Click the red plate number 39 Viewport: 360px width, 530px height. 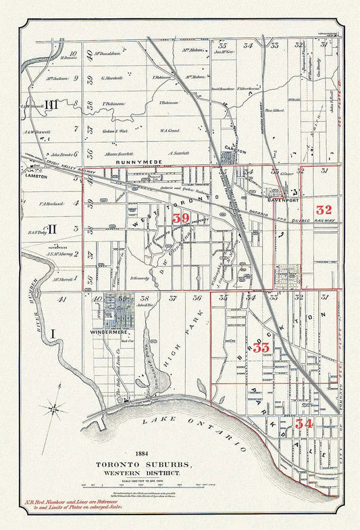pyautogui.click(x=180, y=218)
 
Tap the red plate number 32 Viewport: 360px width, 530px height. pyautogui.click(x=324, y=210)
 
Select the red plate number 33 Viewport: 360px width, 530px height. pyautogui.click(x=261, y=347)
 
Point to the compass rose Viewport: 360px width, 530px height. pyautogui.click(x=54, y=408)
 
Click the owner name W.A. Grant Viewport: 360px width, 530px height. pyautogui.click(x=169, y=130)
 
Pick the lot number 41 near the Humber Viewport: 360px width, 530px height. pyautogui.click(x=62, y=298)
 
